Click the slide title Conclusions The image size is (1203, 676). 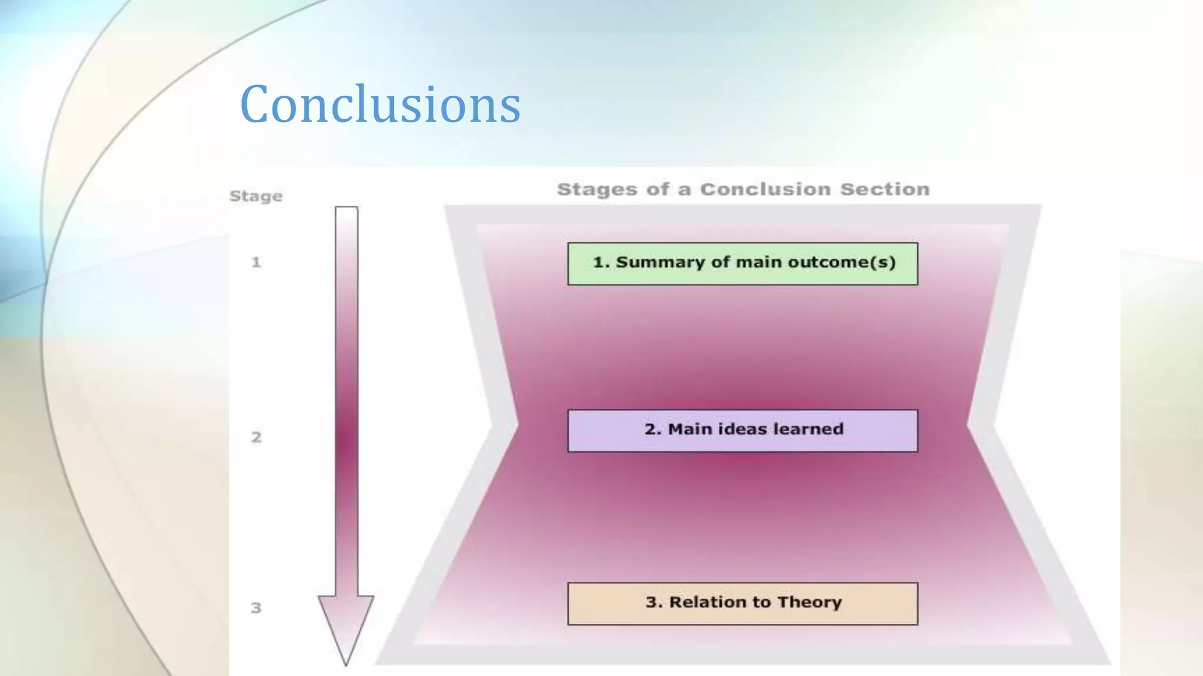point(380,104)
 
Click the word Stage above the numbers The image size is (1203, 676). point(256,196)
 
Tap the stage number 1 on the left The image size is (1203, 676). point(256,262)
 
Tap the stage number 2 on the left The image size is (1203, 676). point(256,437)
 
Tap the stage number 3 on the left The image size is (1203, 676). point(256,608)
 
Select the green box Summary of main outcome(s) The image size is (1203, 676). point(742,263)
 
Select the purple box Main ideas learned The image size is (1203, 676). point(742,431)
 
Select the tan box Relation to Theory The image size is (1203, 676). point(742,603)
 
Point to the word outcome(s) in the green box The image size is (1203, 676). point(841,262)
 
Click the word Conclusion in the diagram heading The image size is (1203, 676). point(765,190)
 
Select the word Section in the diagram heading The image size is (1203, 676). point(885,190)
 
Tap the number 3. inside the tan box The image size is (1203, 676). point(654,602)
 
